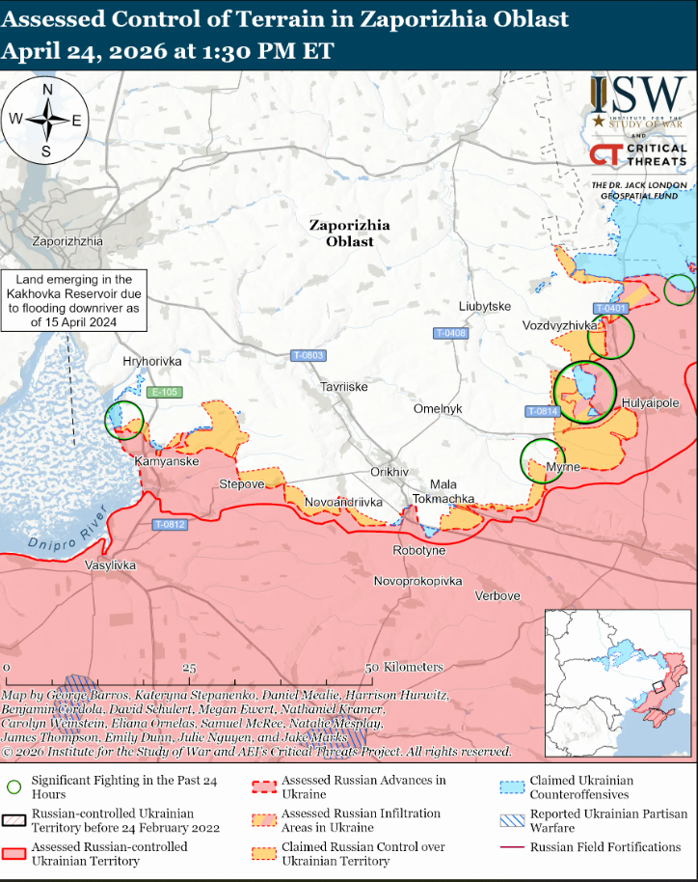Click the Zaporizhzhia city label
point(67,241)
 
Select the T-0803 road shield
point(308,355)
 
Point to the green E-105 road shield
point(164,392)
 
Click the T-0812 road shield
point(170,525)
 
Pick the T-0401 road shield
point(611,308)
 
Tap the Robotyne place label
point(419,550)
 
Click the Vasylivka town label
point(111,565)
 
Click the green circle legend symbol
point(13,786)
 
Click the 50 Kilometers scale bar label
point(404,667)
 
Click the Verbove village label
point(497,595)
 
